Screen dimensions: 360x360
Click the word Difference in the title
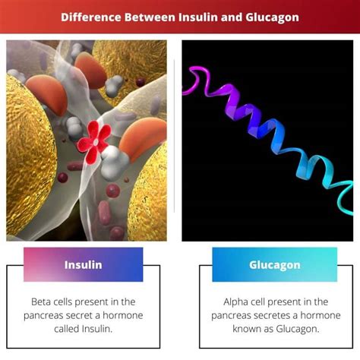90,17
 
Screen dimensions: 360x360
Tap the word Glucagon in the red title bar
272,17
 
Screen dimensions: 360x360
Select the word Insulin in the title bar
198,17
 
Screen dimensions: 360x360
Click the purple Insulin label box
84,264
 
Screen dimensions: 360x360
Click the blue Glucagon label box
275,264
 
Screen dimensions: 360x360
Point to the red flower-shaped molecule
94,142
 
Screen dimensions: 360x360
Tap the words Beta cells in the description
52,302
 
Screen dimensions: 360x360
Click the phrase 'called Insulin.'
84,329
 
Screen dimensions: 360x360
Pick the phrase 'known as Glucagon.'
276,329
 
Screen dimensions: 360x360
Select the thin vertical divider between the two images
174,136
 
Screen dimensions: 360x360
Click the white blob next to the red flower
113,162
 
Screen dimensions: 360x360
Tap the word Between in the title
150,17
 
